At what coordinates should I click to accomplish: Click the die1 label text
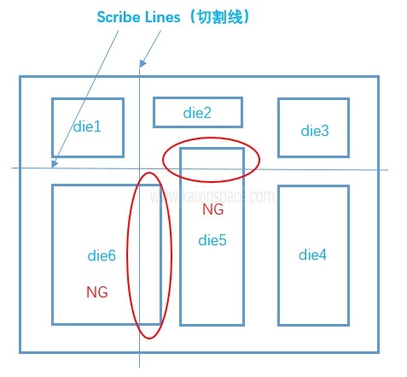pos(87,127)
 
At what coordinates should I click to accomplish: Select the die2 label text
pos(197,113)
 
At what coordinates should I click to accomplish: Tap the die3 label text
pos(315,131)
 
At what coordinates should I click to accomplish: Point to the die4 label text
pos(312,255)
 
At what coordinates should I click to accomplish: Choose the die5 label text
pos(212,240)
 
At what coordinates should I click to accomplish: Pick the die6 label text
pos(102,256)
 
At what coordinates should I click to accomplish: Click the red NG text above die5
pos(213,209)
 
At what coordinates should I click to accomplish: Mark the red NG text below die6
pos(97,292)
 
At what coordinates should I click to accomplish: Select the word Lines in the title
pos(163,17)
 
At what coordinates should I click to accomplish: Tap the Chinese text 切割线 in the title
pos(220,17)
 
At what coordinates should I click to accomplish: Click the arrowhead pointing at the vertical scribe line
pos(142,63)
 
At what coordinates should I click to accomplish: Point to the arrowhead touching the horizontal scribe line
pos(54,163)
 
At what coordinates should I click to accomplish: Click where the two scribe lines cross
pos(139,168)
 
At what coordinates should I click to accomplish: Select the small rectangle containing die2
pos(198,97)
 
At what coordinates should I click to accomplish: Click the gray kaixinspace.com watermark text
pos(212,196)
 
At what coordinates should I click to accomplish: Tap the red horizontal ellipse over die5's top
pos(211,138)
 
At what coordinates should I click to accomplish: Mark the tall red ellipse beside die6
pos(149,173)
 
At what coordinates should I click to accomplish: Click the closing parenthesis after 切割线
pos(247,17)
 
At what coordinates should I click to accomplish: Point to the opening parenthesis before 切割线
pos(193,17)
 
